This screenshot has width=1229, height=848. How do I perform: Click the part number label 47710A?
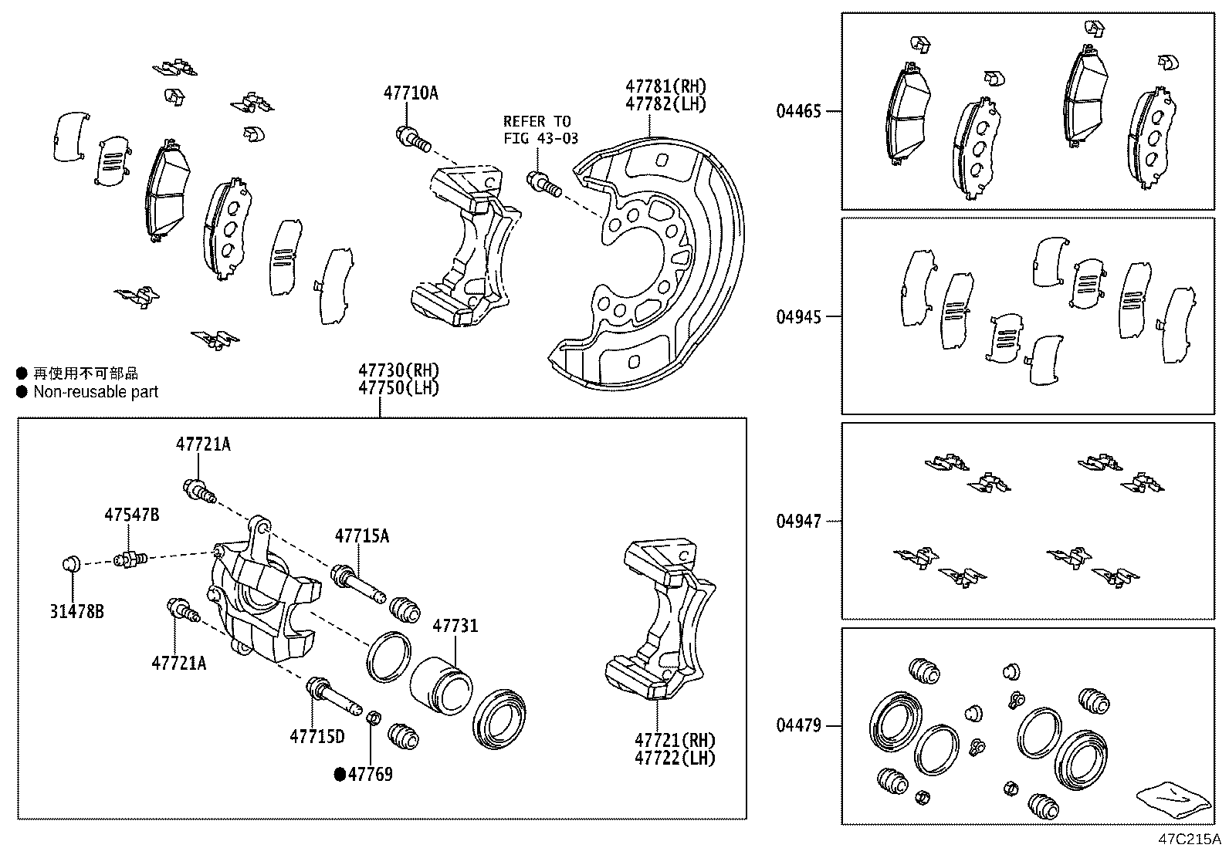tap(410, 93)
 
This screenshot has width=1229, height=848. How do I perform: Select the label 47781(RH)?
tap(665, 86)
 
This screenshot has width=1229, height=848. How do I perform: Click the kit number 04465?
tap(799, 111)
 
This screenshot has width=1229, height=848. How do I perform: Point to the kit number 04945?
tap(799, 316)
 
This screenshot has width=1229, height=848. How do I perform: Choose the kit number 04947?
tap(799, 522)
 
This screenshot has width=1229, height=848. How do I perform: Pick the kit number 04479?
tap(799, 726)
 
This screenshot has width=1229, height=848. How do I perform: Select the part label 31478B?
tap(76, 612)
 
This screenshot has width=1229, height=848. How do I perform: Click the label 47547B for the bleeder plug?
tap(132, 515)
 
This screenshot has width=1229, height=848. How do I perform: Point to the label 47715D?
tap(317, 737)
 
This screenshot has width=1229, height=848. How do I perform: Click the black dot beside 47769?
tap(339, 775)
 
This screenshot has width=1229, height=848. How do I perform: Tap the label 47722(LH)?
tap(675, 758)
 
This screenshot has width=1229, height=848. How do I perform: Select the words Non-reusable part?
tap(95, 392)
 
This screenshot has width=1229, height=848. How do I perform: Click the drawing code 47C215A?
tap(1188, 838)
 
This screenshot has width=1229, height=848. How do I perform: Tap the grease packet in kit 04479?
tap(1172, 799)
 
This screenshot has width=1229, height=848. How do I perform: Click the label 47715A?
tap(361, 535)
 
